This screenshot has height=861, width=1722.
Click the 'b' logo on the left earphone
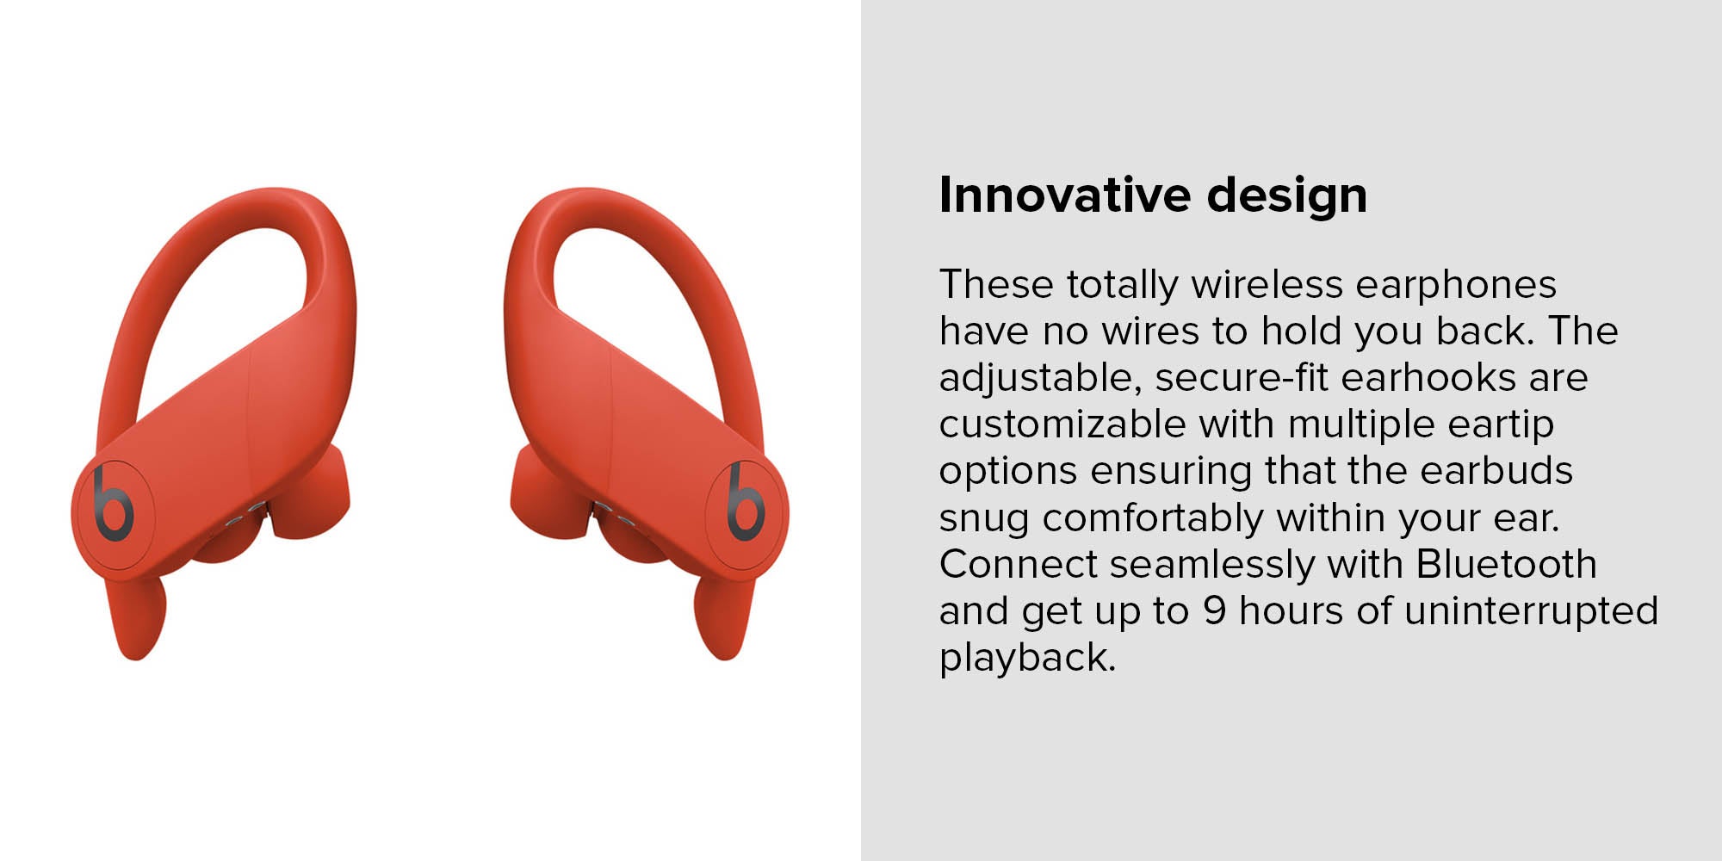[113, 504]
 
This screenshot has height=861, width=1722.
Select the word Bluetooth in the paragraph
[1507, 564]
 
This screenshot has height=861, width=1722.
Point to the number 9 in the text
[1215, 610]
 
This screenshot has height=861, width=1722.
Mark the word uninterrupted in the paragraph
[1531, 611]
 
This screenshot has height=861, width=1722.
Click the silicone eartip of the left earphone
[310, 495]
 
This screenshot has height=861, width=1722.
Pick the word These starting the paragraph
[996, 284]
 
